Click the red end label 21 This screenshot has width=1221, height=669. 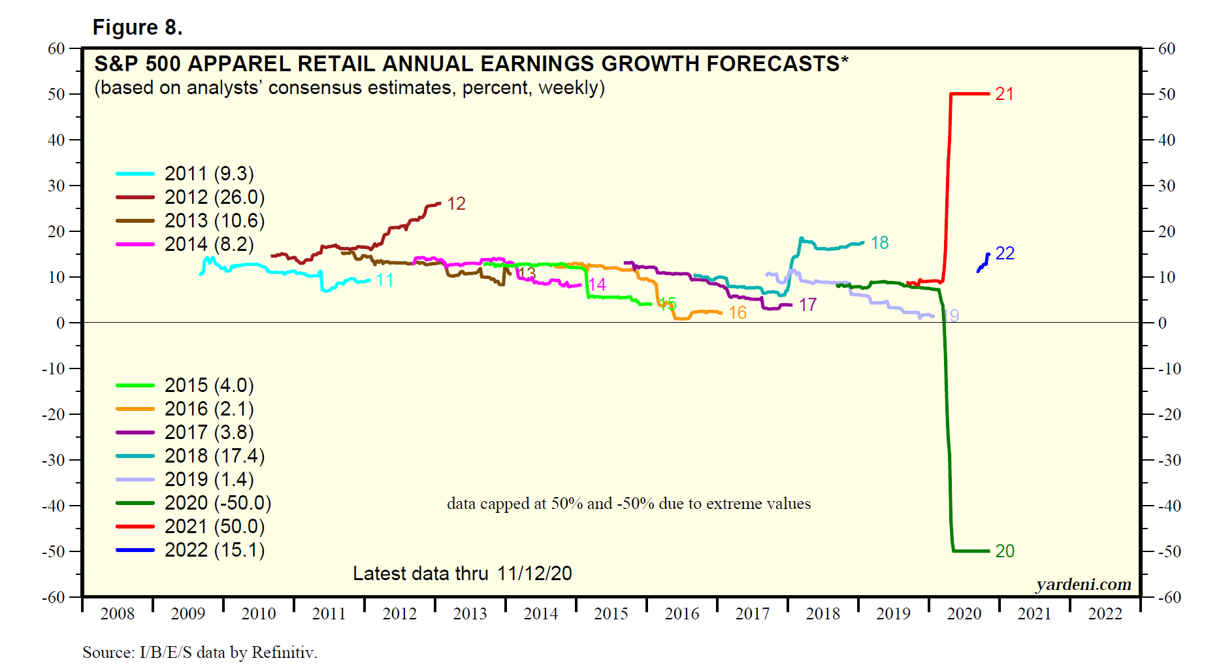click(1004, 94)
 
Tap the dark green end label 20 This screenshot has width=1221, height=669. click(1005, 551)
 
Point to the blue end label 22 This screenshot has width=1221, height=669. click(1005, 253)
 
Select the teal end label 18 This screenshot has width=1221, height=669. click(879, 243)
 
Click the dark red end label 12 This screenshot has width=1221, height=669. click(456, 204)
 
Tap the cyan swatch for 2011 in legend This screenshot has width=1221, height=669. click(135, 174)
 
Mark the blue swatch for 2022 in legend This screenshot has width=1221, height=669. click(135, 550)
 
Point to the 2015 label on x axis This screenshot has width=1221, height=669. click(611, 614)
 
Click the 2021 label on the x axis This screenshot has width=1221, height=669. click(1035, 614)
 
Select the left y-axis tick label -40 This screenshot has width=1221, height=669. click(54, 506)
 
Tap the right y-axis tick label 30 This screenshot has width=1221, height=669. click(1167, 186)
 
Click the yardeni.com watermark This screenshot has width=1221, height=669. click(1083, 584)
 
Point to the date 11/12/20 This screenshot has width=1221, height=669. click(534, 574)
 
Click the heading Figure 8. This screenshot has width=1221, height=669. click(137, 27)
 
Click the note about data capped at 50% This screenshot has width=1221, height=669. click(628, 504)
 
